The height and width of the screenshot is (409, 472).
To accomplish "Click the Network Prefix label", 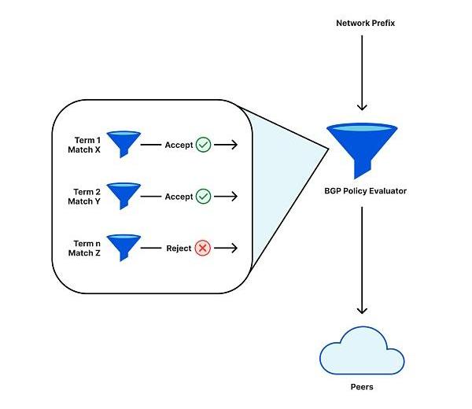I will pyautogui.click(x=366, y=23).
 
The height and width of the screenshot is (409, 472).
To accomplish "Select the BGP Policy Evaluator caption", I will pyautogui.click(x=365, y=191).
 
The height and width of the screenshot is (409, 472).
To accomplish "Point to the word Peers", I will pyautogui.click(x=362, y=387).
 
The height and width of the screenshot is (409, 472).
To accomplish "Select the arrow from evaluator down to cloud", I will pyautogui.click(x=363, y=260).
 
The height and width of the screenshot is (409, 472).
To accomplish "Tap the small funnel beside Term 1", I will pyautogui.click(x=123, y=143).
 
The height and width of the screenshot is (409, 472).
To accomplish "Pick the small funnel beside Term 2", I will pyautogui.click(x=123, y=195).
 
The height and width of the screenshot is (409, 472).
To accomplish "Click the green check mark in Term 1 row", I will pyautogui.click(x=204, y=145).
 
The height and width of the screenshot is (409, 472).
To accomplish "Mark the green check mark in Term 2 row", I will pyautogui.click(x=204, y=197).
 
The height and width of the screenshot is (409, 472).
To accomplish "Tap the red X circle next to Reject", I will pyautogui.click(x=204, y=249).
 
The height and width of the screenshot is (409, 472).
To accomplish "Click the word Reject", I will pyautogui.click(x=179, y=249).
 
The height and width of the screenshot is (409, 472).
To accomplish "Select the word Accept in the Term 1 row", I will pyautogui.click(x=179, y=145).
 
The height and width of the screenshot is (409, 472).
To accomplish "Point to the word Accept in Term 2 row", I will pyautogui.click(x=179, y=197).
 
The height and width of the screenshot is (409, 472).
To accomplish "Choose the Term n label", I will pyautogui.click(x=87, y=243).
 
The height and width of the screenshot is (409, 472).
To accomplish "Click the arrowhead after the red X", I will pyautogui.click(x=233, y=249).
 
